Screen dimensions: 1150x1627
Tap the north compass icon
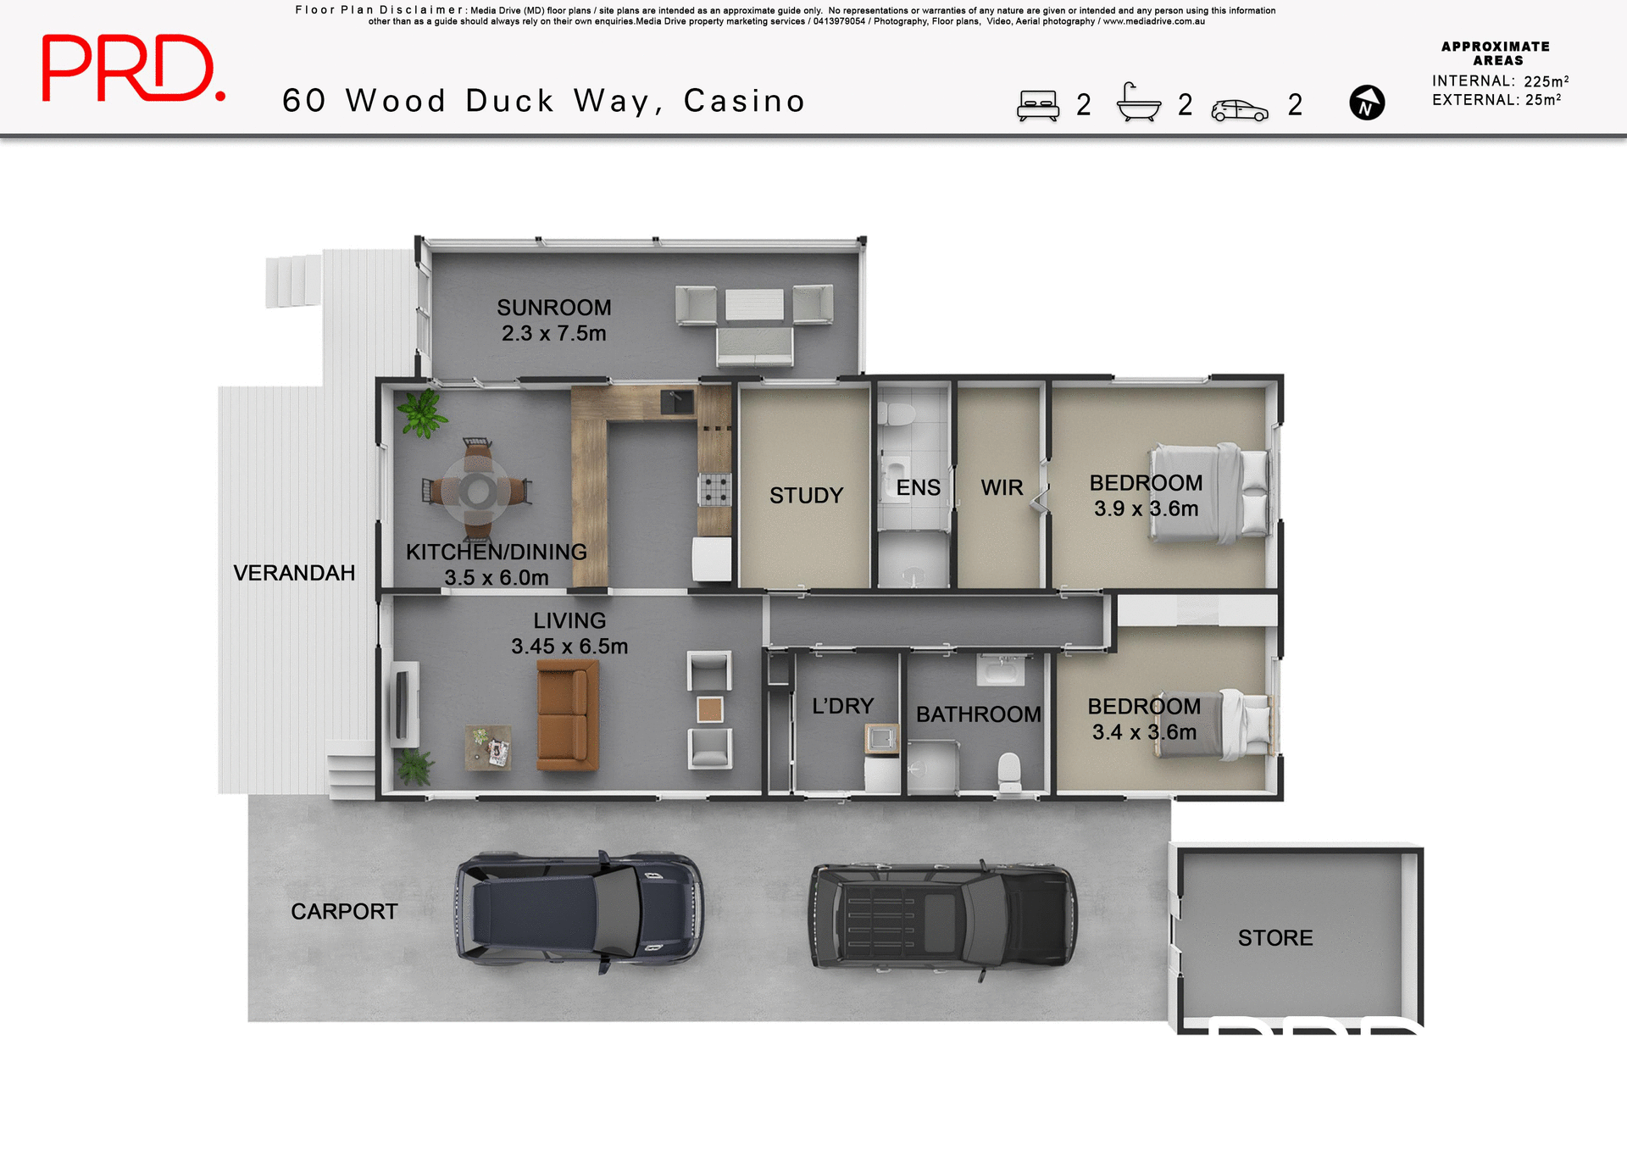[1366, 103]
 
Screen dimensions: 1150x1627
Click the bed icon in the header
[1038, 106]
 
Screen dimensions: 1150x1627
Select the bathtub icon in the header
[1138, 103]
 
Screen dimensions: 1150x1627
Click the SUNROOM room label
[553, 308]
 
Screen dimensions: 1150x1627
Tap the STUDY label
[806, 496]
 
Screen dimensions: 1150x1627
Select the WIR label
[1002, 488]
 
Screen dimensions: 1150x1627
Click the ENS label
[918, 488]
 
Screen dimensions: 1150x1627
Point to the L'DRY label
[842, 706]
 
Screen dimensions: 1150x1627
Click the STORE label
[1274, 938]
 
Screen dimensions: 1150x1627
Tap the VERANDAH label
[294, 574]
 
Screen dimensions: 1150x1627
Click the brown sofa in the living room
[567, 714]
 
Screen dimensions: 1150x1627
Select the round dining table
[478, 491]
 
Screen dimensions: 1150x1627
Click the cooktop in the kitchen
[714, 489]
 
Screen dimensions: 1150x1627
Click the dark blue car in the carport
[579, 912]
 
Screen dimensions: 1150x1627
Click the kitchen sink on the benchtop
[677, 402]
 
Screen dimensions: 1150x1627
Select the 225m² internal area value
[1546, 81]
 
